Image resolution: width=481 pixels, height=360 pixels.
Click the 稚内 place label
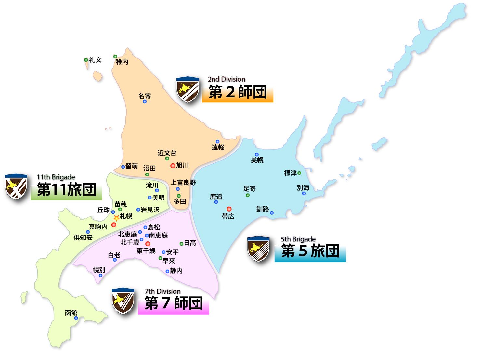(x=122, y=62)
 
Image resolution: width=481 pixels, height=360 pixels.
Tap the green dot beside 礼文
(x=86, y=60)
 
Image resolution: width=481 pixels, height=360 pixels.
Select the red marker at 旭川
(x=173, y=165)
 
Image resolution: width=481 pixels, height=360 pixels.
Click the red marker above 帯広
(x=229, y=209)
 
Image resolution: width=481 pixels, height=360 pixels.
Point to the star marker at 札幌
(x=116, y=218)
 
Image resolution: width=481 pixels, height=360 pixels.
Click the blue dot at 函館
(x=76, y=318)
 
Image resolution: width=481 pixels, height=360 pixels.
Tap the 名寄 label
(x=145, y=96)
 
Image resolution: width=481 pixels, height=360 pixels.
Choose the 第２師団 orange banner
(x=237, y=93)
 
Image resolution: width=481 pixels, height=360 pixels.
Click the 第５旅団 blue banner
(x=310, y=251)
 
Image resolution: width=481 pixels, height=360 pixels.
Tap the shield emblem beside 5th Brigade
(x=258, y=249)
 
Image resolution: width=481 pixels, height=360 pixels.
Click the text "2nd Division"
(x=227, y=79)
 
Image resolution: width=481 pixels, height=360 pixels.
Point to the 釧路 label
(x=263, y=209)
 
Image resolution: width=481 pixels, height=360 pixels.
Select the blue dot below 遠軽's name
(x=217, y=142)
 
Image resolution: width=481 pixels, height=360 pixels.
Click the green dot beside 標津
(x=299, y=173)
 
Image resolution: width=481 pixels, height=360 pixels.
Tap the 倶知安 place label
(x=83, y=238)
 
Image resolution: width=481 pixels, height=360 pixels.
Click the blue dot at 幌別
(x=100, y=276)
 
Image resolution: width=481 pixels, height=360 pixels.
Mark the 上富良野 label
(x=183, y=183)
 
